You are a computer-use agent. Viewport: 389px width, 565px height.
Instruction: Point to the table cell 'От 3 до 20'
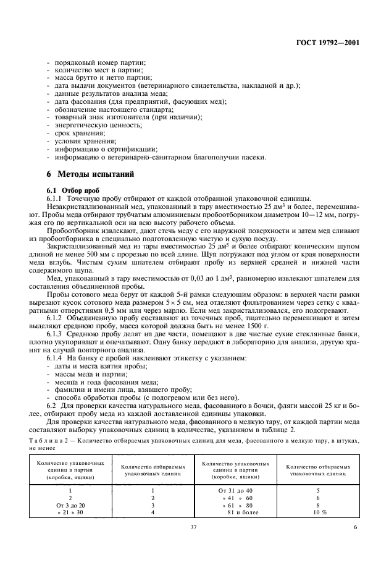click(70, 505)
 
